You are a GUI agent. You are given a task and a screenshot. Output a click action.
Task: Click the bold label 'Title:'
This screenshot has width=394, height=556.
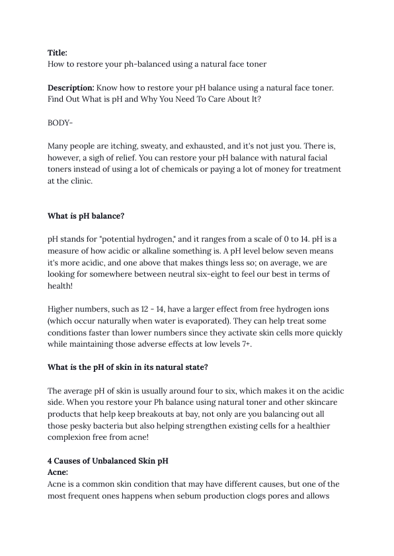coord(58,52)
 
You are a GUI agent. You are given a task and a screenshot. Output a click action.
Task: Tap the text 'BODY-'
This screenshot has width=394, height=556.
coord(61,123)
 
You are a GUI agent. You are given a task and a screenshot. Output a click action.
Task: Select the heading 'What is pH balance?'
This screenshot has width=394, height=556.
coord(86,216)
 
